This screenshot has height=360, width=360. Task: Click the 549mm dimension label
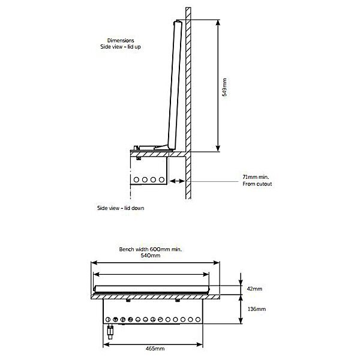point(225,87)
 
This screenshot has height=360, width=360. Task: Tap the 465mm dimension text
point(155,349)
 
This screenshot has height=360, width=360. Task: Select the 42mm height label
point(254,289)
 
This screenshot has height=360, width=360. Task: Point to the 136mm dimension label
point(257,309)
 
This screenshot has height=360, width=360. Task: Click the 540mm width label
point(151,256)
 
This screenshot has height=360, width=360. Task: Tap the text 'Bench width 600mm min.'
point(151,249)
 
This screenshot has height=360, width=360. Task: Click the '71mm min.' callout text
point(256,177)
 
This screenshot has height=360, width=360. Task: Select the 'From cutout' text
point(257,184)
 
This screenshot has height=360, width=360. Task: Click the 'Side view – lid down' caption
point(121,208)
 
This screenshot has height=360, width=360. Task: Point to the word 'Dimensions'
point(121,41)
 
